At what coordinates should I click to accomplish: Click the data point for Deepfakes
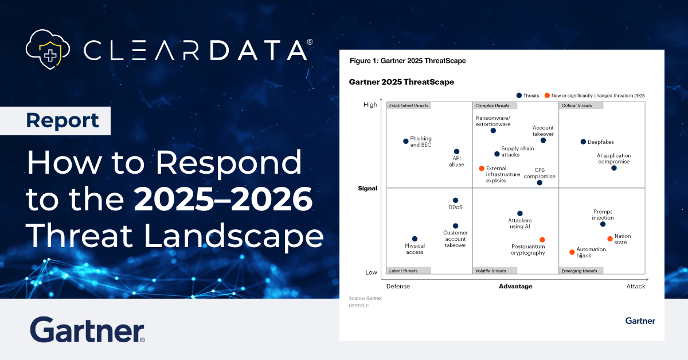(583, 142)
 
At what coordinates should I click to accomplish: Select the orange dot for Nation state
(610, 238)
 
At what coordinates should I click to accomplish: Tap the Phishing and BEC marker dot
(406, 141)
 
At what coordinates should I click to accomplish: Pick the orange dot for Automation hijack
(572, 252)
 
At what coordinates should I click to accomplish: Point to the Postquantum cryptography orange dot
(542, 240)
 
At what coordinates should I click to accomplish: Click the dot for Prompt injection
(603, 224)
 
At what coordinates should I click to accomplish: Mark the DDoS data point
(455, 200)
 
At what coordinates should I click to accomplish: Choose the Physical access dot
(415, 239)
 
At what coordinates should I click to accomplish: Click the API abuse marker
(457, 152)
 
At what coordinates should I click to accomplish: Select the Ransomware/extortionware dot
(493, 131)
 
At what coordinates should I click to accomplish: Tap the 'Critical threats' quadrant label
(580, 105)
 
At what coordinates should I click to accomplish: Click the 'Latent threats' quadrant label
(408, 271)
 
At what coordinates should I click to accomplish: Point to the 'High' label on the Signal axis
(370, 105)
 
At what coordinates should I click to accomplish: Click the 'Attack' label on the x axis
(635, 286)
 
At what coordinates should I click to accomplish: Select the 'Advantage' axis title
(515, 286)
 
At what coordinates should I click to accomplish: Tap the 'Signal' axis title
(368, 188)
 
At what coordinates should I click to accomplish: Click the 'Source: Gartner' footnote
(365, 298)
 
